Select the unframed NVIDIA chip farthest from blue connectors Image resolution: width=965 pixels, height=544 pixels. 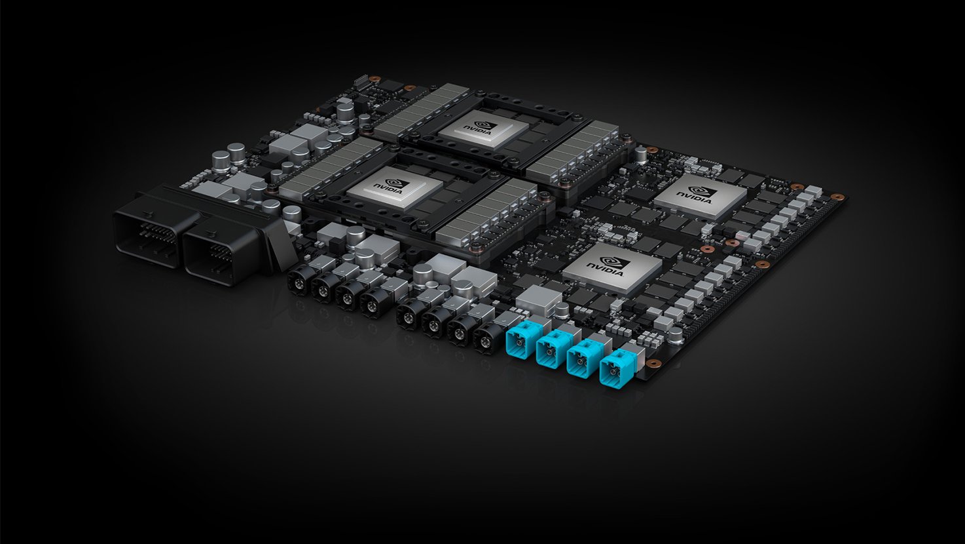point(700,195)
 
